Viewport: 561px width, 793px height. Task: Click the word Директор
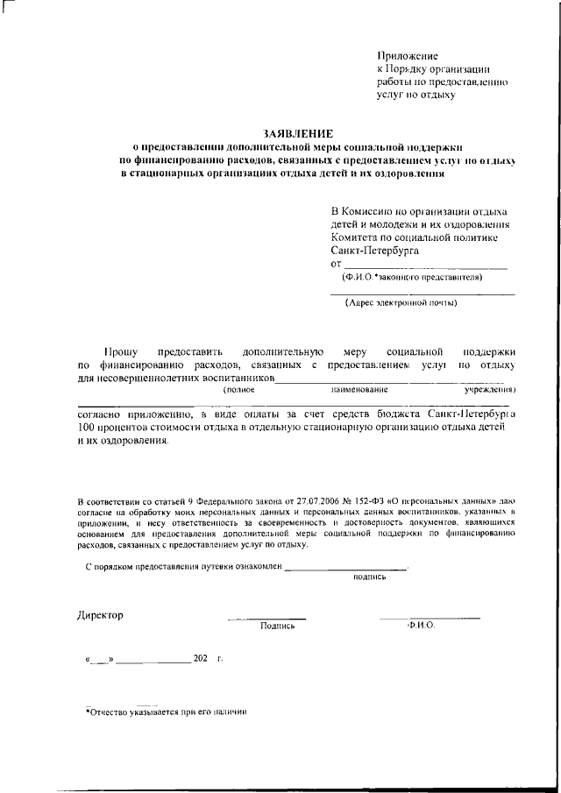point(101,614)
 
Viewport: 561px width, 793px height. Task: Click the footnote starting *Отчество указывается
point(167,712)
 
